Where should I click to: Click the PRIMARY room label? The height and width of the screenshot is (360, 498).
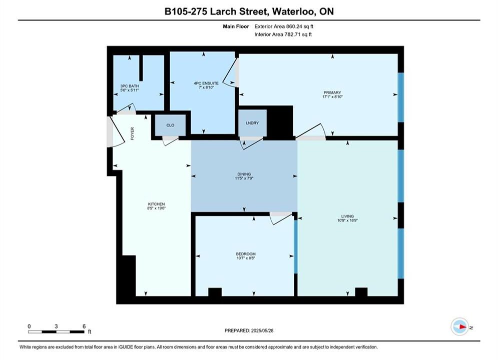[x=332, y=92]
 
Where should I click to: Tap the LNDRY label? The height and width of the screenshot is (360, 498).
[x=252, y=122]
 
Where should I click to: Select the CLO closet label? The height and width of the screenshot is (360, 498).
[x=170, y=125]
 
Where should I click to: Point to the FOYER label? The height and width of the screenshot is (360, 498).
[x=133, y=133]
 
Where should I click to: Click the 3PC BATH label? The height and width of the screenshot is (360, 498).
[x=130, y=86]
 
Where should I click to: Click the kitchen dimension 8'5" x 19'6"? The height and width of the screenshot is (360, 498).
[x=157, y=208]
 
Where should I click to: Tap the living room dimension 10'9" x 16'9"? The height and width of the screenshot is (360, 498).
[x=347, y=220]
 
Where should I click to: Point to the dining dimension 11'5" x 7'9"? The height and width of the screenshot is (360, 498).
[x=244, y=178]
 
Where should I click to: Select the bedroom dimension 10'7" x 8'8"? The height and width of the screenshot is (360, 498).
[x=246, y=258]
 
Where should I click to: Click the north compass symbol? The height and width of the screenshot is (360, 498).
[x=460, y=326]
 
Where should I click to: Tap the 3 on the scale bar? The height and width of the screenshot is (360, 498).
[x=56, y=326]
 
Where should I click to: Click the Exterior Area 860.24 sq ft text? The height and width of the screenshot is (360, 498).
[x=284, y=26]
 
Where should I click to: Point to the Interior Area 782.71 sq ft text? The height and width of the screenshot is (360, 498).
[x=283, y=34]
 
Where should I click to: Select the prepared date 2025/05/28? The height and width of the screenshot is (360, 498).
[x=262, y=330]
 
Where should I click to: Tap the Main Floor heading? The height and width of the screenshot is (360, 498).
[x=236, y=26]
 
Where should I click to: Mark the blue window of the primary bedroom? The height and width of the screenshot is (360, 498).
[x=401, y=97]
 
